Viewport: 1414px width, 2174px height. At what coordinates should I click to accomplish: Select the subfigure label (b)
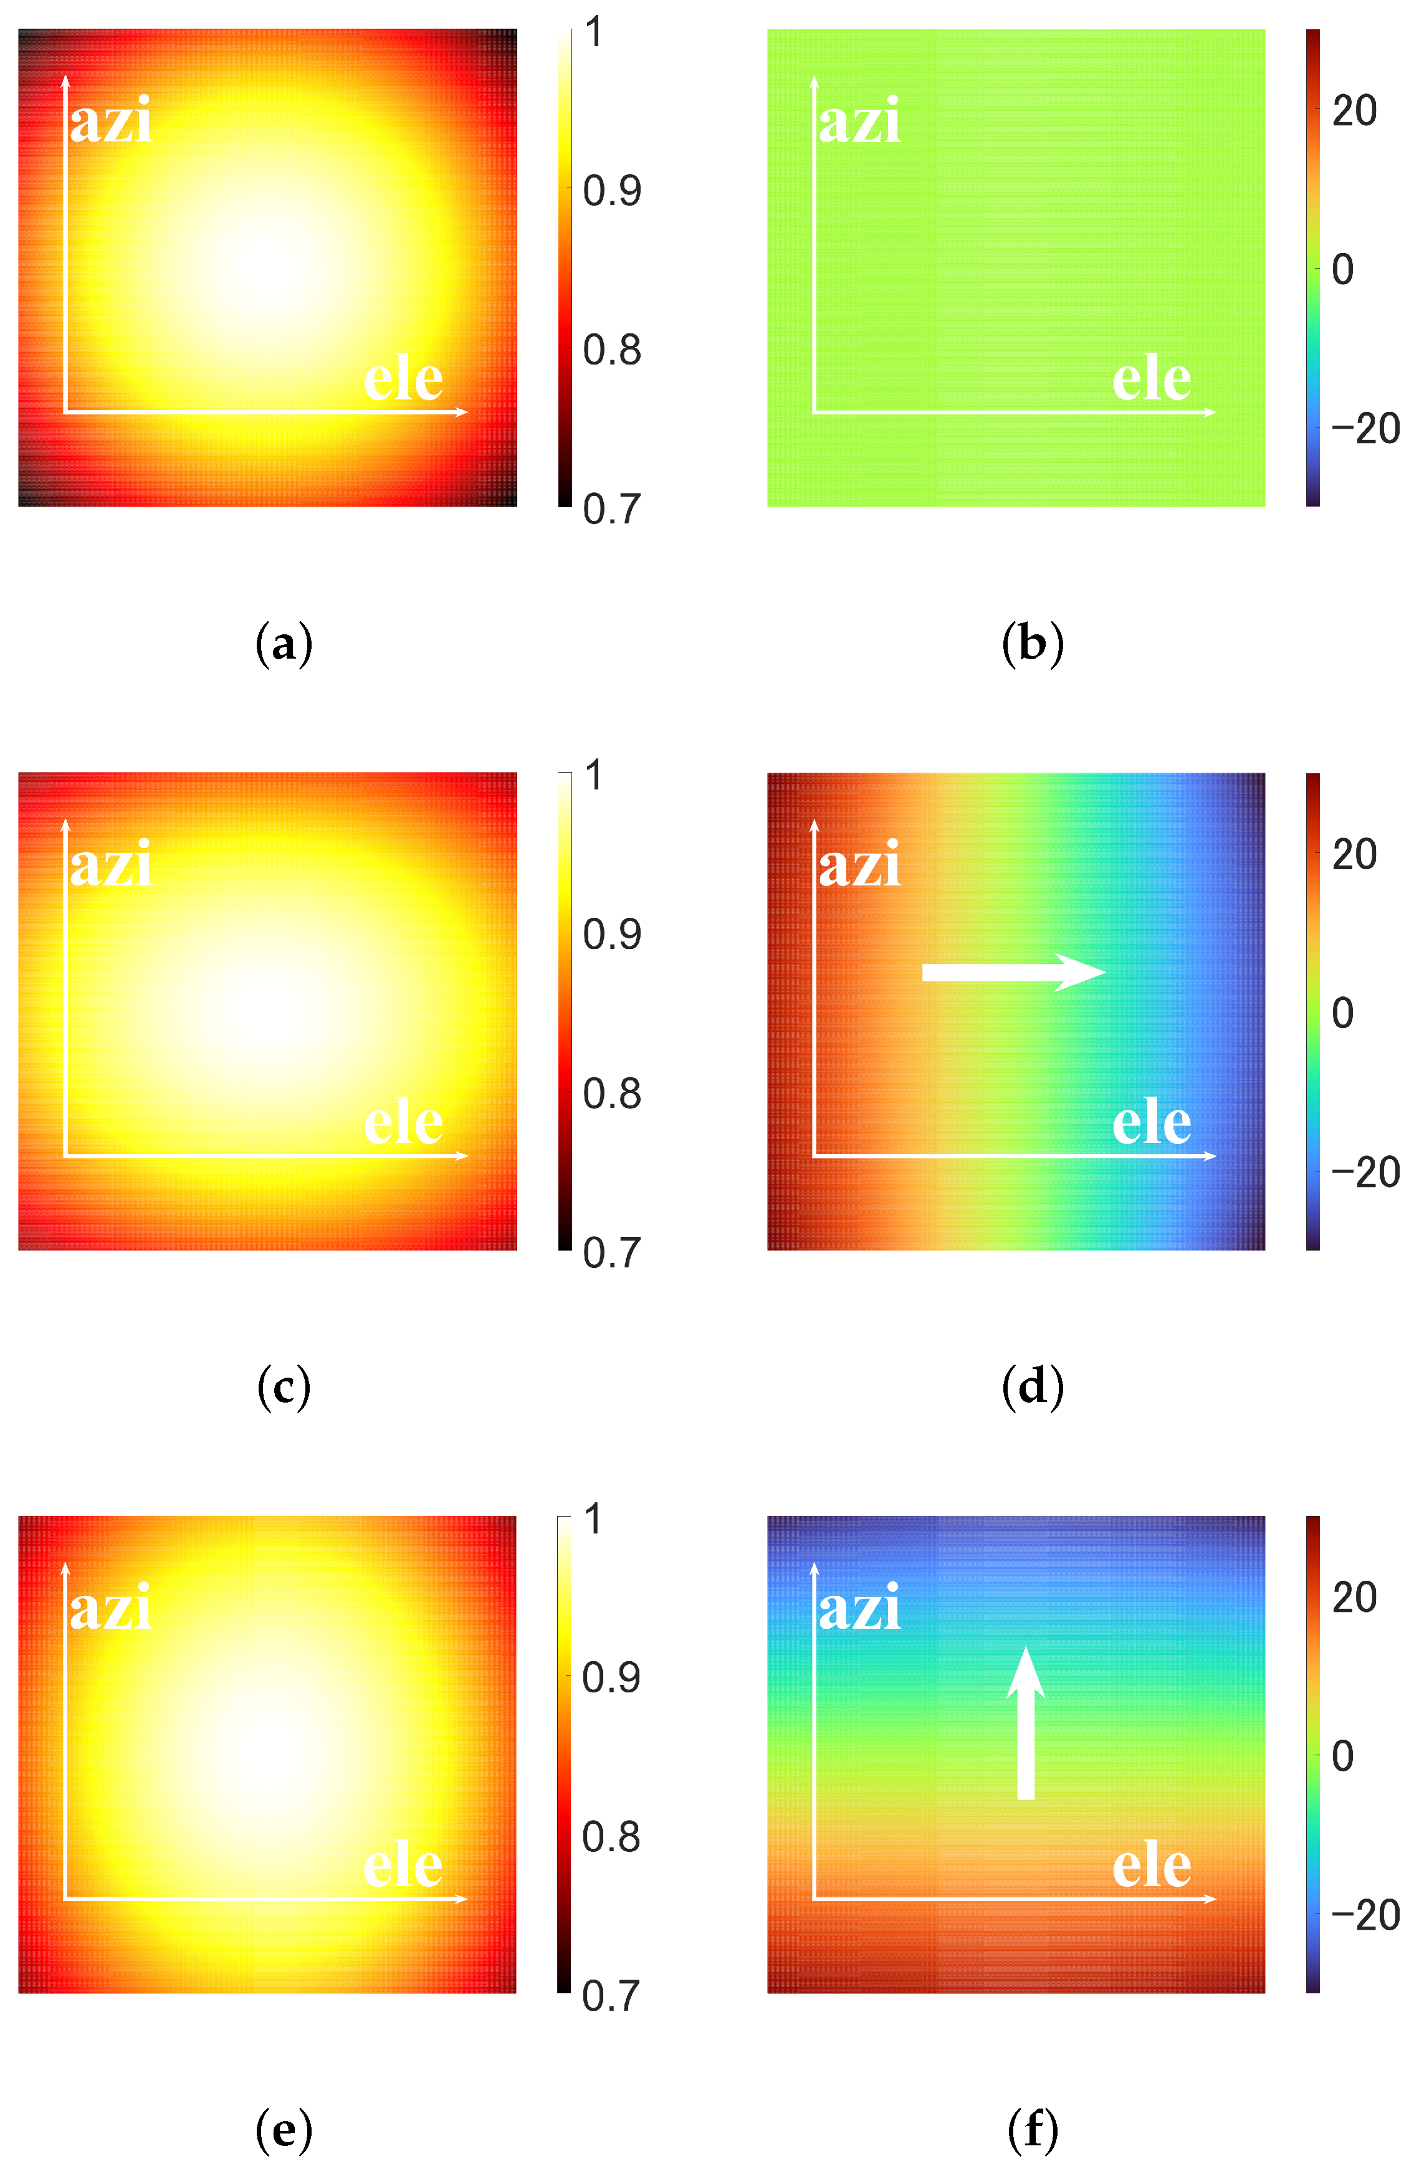point(1032,644)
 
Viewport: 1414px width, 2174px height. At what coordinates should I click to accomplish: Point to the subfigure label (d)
point(1032,1388)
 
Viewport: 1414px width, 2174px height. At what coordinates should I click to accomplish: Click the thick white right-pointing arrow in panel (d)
point(1014,972)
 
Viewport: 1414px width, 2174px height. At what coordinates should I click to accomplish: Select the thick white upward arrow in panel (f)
point(1026,1722)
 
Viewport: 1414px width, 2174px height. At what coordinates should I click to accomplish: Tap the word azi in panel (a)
point(110,121)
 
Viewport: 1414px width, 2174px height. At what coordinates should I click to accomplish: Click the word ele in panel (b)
point(1152,378)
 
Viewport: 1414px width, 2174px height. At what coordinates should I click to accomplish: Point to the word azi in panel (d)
point(859,864)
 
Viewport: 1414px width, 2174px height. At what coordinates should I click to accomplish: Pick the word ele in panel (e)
point(403,1866)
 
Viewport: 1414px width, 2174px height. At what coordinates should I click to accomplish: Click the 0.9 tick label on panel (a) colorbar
point(612,191)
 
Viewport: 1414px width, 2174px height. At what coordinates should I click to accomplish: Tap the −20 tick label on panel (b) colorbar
point(1365,429)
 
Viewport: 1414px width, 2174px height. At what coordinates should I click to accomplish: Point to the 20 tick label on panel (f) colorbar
point(1354,1598)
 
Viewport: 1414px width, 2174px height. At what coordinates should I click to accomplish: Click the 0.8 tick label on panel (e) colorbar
point(611,1837)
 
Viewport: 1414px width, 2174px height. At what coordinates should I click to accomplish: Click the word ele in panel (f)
point(1152,1866)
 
